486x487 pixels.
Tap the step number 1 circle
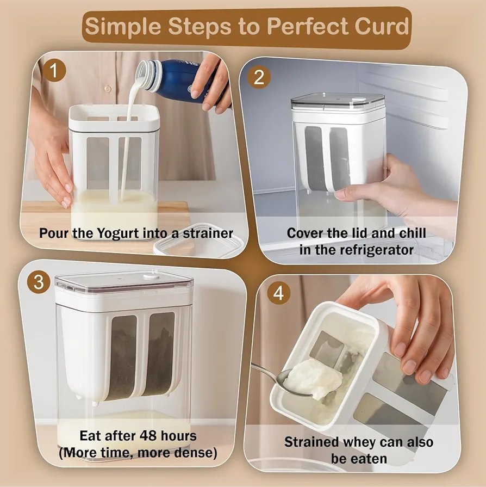click(x=54, y=70)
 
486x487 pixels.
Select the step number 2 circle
click(x=259, y=77)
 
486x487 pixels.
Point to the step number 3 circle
click(x=39, y=282)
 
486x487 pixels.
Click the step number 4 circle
click(x=278, y=293)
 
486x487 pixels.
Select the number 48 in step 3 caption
click(x=148, y=436)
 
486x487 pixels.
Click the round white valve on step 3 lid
click(x=151, y=275)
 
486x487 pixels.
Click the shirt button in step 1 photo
click(x=108, y=89)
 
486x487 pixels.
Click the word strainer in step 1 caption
click(x=208, y=233)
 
